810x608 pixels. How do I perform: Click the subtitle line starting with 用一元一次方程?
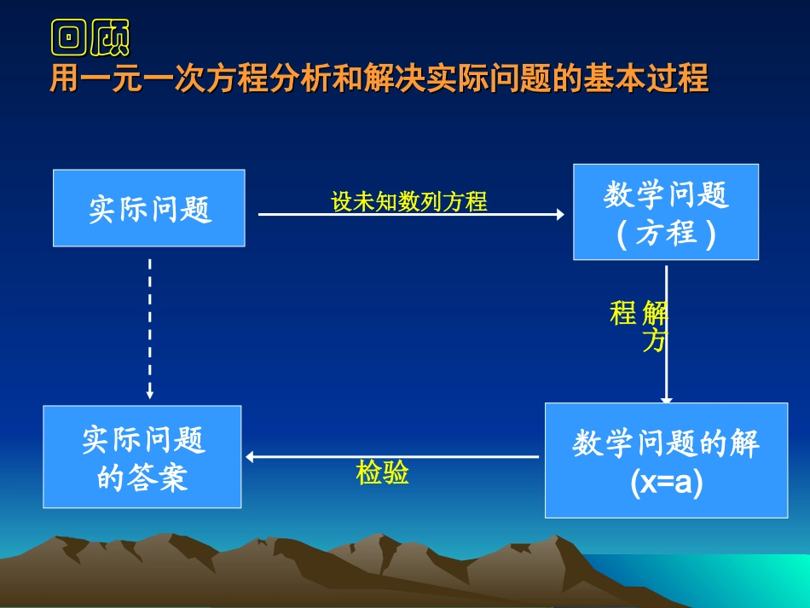point(379,78)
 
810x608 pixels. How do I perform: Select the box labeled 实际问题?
point(149,208)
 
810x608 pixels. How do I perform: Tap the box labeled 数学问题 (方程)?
point(666,211)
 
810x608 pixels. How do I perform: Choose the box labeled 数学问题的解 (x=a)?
point(666,460)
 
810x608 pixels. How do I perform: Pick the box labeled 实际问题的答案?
point(142,457)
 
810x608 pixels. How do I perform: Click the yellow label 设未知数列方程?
point(409,201)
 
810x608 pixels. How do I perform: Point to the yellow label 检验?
point(382,472)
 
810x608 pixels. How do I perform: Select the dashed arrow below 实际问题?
point(150,324)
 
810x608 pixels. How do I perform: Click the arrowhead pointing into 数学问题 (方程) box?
point(559,215)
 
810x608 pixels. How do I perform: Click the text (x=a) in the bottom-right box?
point(666,483)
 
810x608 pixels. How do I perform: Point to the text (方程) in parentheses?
point(666,233)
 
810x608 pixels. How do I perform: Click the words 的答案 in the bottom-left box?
point(142,478)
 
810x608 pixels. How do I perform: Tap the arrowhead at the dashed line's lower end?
point(150,394)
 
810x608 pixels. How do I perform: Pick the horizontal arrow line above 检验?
point(392,457)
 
